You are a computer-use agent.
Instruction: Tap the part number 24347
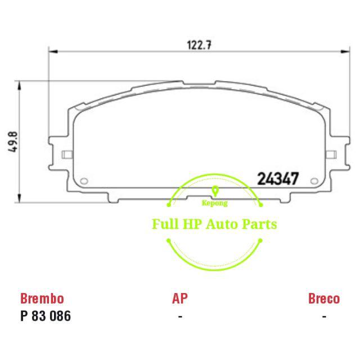pos(277,178)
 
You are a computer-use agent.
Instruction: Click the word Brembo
pos(42,298)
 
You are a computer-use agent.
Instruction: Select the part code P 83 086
pos(46,316)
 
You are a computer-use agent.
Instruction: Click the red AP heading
pos(179,298)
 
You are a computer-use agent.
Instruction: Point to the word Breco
pos(324,298)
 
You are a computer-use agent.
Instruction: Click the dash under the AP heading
pos(179,316)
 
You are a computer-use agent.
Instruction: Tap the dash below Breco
pos(324,316)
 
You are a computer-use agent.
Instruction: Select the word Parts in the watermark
pos(259,224)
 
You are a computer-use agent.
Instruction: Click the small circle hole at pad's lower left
pos(85,181)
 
